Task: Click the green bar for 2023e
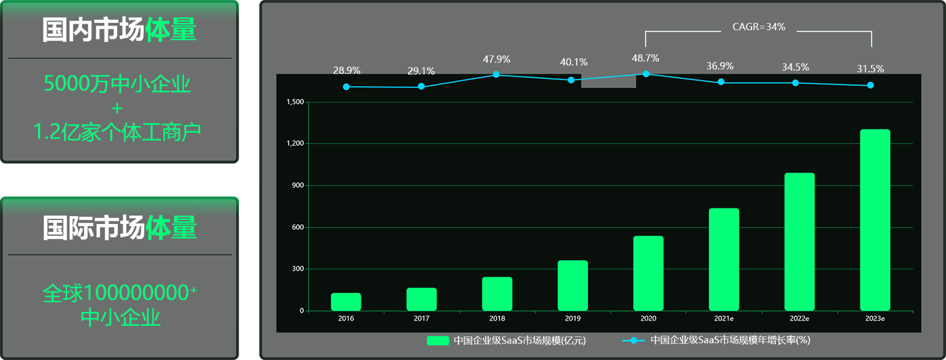coord(875,220)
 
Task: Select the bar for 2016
coord(346,302)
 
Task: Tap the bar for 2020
coord(648,273)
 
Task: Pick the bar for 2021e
coord(724,259)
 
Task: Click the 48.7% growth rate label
coord(646,58)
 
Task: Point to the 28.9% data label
coord(347,70)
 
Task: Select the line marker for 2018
coord(497,75)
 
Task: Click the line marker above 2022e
coord(796,83)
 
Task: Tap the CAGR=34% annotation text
coord(759,28)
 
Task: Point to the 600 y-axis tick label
coord(298,227)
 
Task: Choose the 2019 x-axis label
coord(573,319)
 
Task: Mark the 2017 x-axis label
coord(422,319)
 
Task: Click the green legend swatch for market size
coord(438,340)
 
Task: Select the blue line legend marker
coord(633,340)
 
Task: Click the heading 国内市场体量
coord(120,31)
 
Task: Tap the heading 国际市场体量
coord(120,228)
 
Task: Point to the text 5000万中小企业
coord(118,84)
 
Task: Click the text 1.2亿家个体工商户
coord(118,133)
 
